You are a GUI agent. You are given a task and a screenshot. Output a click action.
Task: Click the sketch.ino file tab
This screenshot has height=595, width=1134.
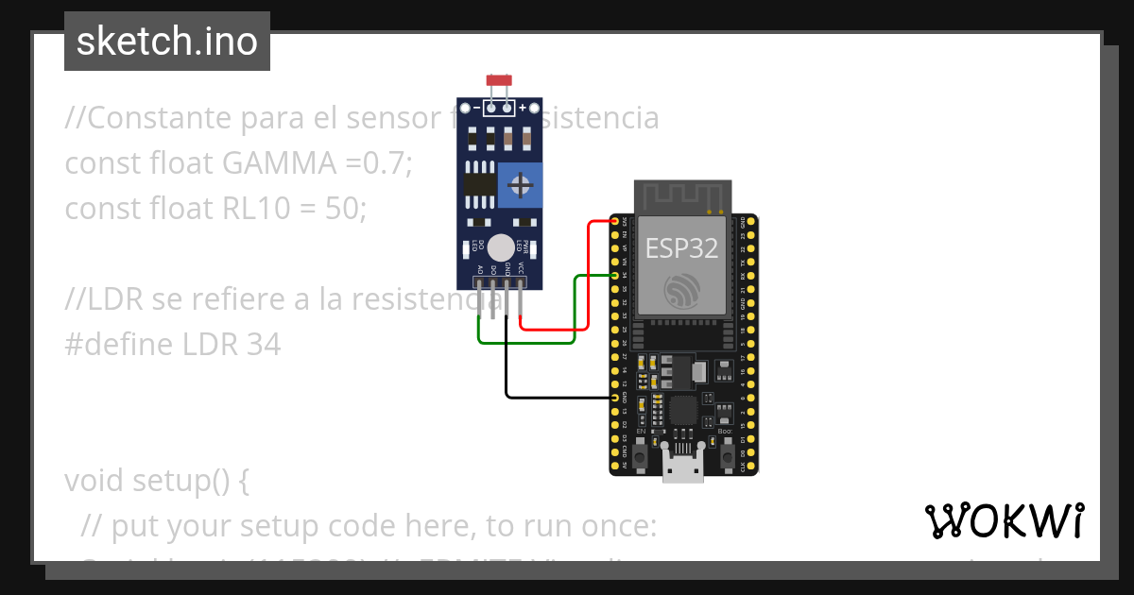(x=166, y=42)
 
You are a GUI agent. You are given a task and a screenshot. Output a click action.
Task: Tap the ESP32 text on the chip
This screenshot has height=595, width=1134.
(x=681, y=248)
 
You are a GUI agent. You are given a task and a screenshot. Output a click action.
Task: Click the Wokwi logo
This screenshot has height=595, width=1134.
(x=1004, y=520)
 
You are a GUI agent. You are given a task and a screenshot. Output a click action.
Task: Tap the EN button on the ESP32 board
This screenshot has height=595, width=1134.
(x=640, y=456)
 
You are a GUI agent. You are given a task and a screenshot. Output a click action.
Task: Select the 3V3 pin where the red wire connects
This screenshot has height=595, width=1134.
(x=615, y=221)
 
